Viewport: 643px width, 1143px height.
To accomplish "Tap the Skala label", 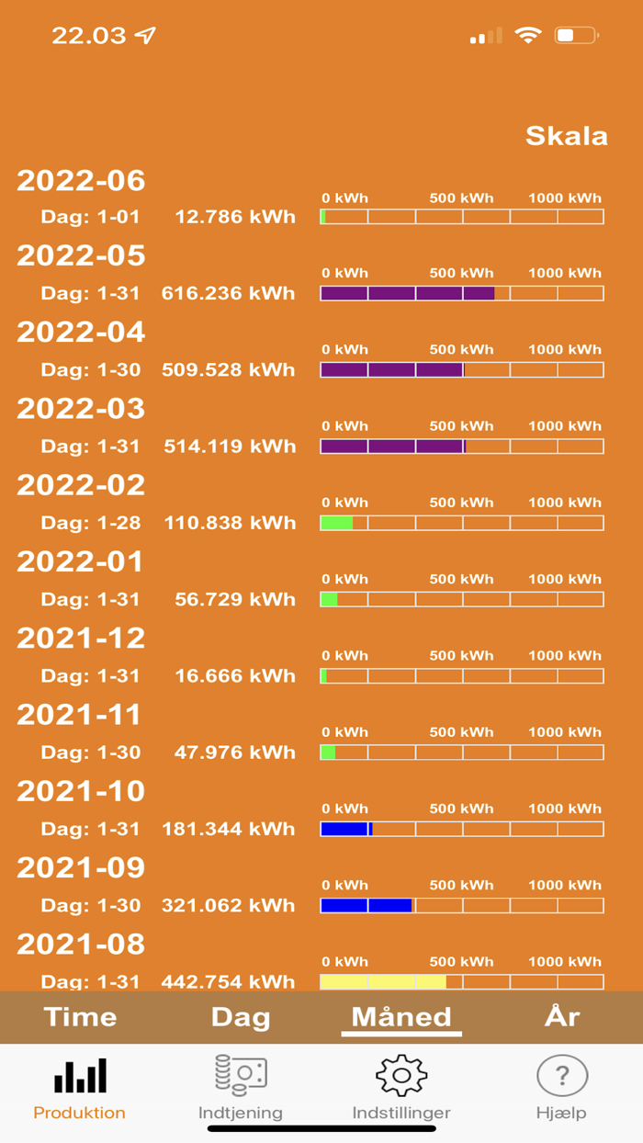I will [x=566, y=136].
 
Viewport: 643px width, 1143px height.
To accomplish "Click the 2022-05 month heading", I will [x=81, y=255].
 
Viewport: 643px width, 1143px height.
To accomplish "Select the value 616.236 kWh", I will [x=228, y=293].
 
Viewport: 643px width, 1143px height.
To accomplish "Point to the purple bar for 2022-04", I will [x=392, y=369].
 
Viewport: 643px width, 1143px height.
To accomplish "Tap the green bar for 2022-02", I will [x=336, y=523].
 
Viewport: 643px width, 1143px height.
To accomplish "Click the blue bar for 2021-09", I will [x=366, y=905].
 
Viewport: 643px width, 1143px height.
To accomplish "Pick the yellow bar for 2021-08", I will [x=382, y=981].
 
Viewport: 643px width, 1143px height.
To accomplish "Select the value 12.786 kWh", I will [x=234, y=217].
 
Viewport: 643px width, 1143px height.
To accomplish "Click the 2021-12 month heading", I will [x=81, y=638].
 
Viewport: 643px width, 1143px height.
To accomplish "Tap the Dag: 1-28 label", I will [x=91, y=523].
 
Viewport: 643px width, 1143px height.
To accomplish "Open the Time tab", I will [x=81, y=1017].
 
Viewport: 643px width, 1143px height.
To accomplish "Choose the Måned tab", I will [x=401, y=1017].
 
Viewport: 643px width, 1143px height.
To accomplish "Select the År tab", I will [x=562, y=1017].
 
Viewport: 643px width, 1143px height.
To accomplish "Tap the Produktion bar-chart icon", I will [x=80, y=1076].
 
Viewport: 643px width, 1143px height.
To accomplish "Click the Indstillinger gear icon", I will [x=401, y=1075].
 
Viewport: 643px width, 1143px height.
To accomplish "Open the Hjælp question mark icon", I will [x=562, y=1075].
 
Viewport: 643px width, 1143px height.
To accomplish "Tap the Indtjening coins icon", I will [x=241, y=1075].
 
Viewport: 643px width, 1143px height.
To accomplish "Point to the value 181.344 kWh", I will [x=228, y=829].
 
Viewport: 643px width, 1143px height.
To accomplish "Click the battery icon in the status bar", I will [x=576, y=36].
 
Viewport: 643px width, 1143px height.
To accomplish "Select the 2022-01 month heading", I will [x=81, y=561].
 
